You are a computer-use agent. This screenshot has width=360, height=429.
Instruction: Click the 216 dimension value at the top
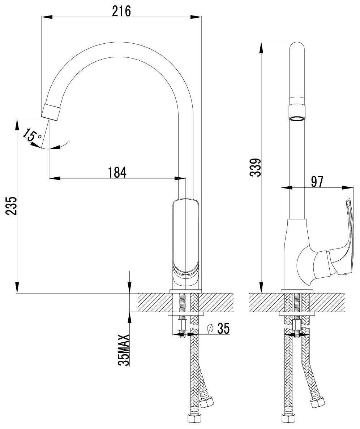121,11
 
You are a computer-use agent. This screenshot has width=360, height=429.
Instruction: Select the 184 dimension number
117,172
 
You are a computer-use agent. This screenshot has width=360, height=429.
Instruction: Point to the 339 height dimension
256,167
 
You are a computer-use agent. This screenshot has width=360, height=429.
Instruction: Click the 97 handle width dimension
317,182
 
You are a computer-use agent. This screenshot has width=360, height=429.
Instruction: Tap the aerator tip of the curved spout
51,112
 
